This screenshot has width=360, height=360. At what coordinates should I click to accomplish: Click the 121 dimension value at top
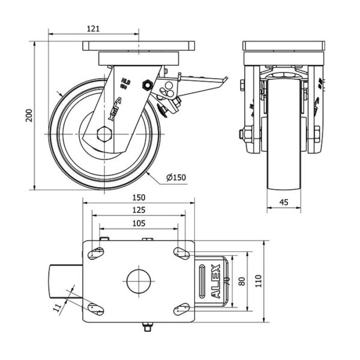tap(93, 28)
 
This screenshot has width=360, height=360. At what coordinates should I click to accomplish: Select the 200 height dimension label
tap(28, 116)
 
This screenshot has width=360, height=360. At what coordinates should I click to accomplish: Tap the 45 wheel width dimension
tap(284, 203)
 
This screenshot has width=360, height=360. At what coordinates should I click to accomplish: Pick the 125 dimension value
tap(139, 211)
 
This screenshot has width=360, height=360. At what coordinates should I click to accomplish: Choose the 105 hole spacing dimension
tap(139, 223)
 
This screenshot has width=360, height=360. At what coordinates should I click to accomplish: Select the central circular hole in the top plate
tap(139, 281)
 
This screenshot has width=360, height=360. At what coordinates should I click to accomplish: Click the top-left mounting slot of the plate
tap(95, 253)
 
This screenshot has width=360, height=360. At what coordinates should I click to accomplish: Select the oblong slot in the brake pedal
tap(203, 281)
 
